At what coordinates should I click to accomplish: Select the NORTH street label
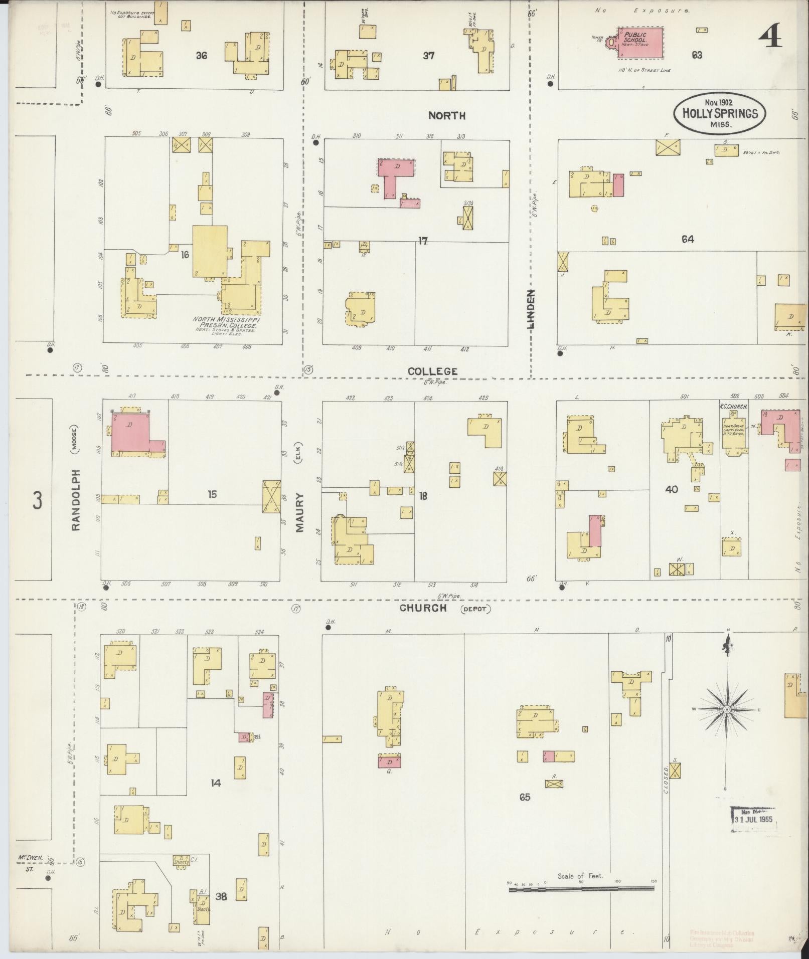tap(446, 116)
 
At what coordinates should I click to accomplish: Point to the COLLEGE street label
tap(432, 371)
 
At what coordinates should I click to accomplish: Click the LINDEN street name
tap(530, 309)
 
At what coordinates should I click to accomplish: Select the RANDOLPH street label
tap(76, 500)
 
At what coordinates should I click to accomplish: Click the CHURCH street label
tap(423, 608)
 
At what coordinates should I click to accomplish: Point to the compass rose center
tap(726, 709)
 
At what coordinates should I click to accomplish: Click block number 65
tap(525, 797)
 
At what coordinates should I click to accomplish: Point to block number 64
tap(687, 240)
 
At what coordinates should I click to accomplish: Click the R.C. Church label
tap(733, 407)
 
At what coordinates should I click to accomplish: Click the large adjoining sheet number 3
tap(38, 500)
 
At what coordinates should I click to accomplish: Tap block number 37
tap(428, 56)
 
